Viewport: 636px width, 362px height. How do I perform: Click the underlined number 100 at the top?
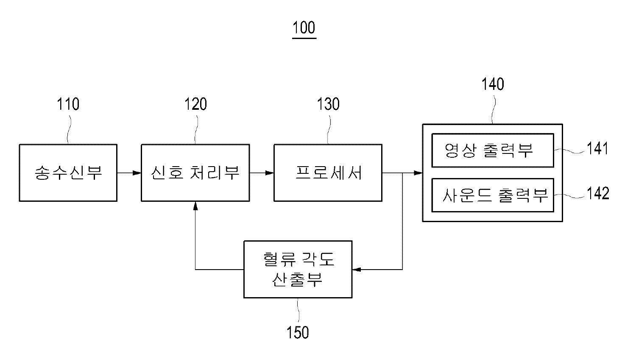pos(304,28)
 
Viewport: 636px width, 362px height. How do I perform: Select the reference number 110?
pos(68,104)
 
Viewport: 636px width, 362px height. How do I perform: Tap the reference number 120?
pos(195,104)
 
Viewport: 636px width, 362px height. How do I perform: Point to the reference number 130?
pos(329,104)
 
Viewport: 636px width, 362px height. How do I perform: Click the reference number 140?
pos(493,84)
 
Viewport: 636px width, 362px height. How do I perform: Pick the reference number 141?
pos(597,149)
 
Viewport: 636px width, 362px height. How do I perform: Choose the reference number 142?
pos(598,193)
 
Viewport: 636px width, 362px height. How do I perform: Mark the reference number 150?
pos(298,332)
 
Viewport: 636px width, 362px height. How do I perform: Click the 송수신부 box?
pos(68,173)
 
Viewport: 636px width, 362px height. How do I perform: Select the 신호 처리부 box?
pos(195,173)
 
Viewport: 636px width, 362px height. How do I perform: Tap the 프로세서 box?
pos(328,173)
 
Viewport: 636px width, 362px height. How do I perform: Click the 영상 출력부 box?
pos(492,150)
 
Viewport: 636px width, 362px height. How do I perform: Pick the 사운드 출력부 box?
pos(492,195)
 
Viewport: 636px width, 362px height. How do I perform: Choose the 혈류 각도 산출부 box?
pos(298,269)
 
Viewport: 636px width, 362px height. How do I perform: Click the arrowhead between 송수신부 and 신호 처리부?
pos(137,173)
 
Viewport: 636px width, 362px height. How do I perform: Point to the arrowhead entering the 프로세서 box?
pos(270,173)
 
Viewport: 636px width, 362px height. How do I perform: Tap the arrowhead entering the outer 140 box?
pos(418,173)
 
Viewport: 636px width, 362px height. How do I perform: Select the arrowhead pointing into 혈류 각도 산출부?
pos(357,269)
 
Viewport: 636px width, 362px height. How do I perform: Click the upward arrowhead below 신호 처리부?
pos(195,206)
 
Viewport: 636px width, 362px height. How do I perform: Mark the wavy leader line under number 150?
pos(298,312)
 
